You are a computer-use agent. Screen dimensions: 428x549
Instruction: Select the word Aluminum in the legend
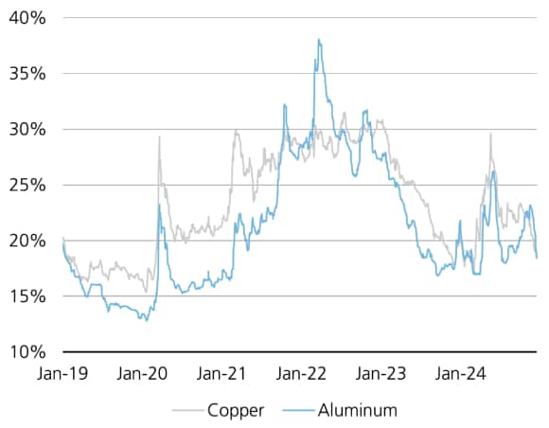tap(358, 411)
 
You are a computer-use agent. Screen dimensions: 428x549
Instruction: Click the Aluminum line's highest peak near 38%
tap(319, 40)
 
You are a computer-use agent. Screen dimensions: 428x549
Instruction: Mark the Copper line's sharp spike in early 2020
tap(159, 137)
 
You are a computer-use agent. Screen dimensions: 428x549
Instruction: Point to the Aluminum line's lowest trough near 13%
tap(144, 320)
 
